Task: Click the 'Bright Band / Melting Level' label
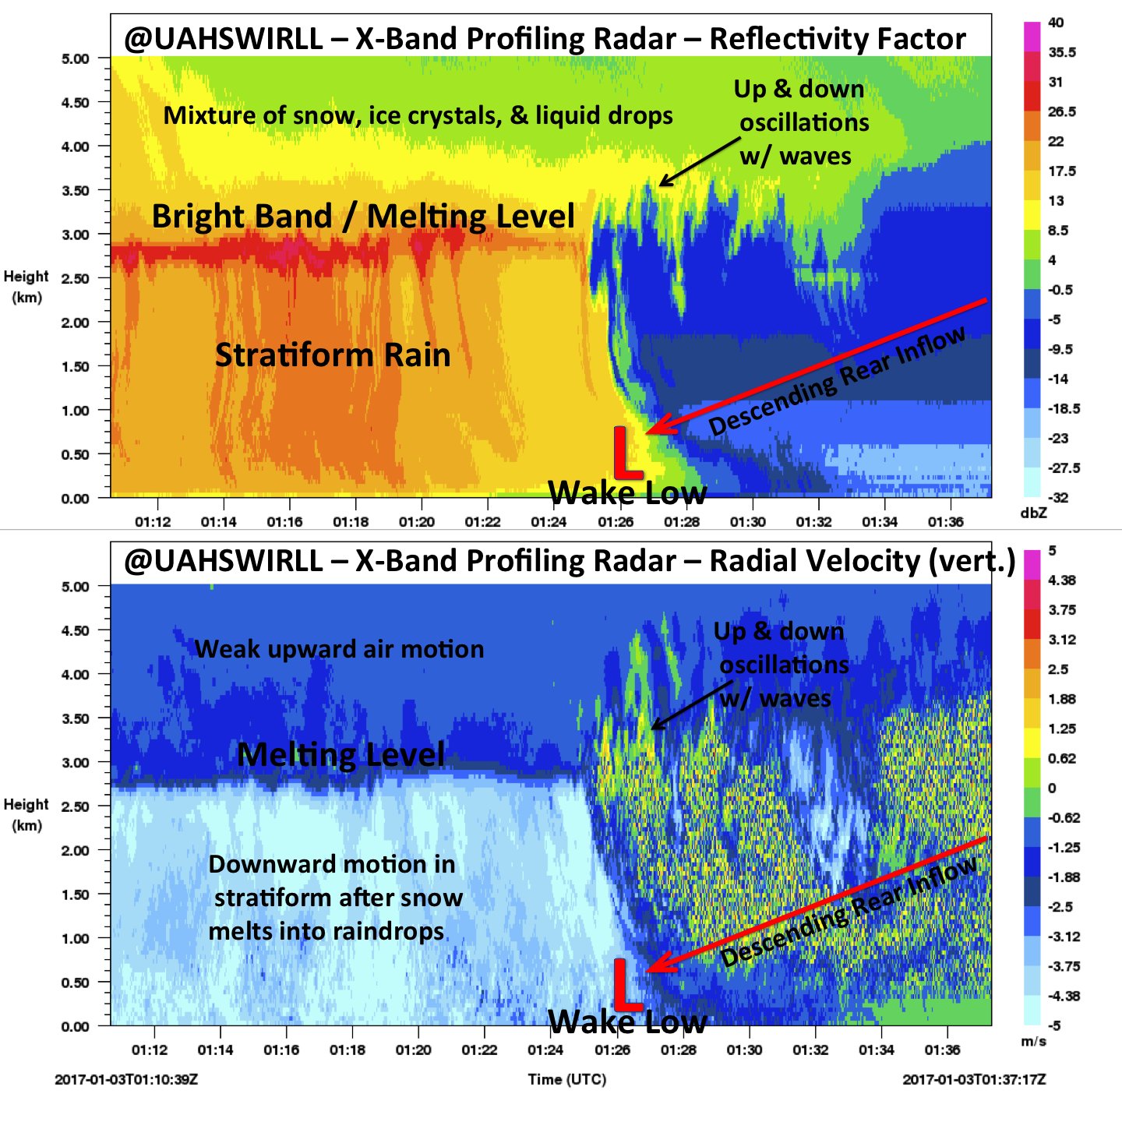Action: (363, 217)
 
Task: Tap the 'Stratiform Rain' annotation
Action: (333, 355)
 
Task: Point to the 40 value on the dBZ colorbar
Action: (1055, 23)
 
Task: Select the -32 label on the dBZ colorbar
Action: (1058, 497)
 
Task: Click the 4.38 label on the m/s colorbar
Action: (1061, 580)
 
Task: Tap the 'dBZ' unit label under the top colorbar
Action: (1033, 513)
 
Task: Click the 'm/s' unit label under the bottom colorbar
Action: (1033, 1042)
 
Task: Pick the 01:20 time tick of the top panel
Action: (416, 522)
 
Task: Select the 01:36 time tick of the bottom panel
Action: (942, 1050)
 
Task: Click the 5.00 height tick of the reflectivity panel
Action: (76, 58)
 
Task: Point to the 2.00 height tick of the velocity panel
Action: (76, 851)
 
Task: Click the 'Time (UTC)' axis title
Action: (566, 1079)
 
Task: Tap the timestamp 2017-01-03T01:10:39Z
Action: (125, 1080)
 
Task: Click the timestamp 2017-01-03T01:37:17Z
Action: (974, 1080)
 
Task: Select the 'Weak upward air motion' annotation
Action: (339, 649)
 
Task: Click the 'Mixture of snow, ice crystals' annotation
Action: (418, 115)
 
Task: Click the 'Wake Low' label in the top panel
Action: (627, 492)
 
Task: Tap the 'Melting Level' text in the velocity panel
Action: (340, 754)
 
